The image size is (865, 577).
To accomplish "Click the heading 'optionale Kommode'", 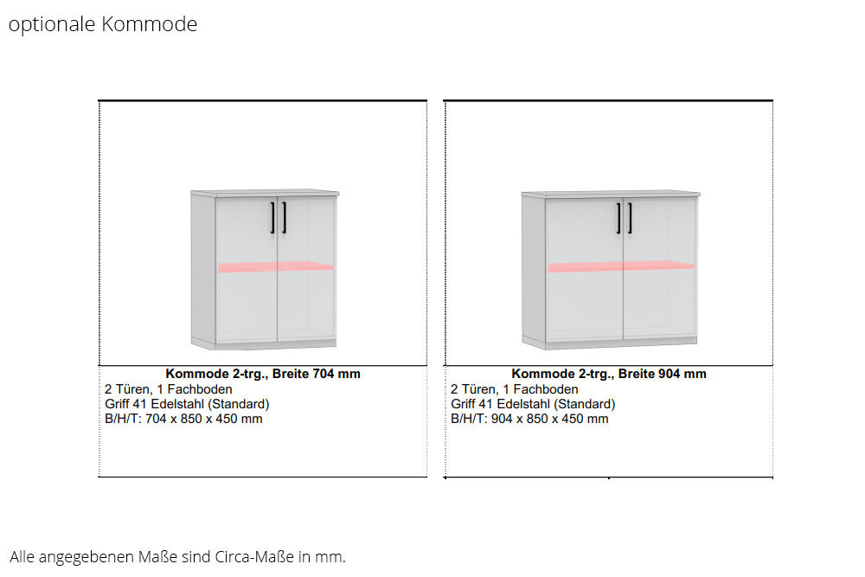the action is point(103,24).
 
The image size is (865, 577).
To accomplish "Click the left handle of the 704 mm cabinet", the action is point(272,217).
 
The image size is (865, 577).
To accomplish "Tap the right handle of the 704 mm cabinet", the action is point(284,217).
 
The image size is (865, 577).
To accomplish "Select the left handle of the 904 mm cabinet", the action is point(619,218).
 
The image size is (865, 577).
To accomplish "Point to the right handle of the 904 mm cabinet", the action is point(630,218).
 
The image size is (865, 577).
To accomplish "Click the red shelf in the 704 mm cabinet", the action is point(276,266).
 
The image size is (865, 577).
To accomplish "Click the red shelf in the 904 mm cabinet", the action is point(621,266).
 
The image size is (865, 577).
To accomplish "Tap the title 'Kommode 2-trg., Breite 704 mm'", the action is point(263,374).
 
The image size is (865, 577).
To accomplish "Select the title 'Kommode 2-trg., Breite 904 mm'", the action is point(608,374).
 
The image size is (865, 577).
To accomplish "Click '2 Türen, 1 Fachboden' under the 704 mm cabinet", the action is point(169,389).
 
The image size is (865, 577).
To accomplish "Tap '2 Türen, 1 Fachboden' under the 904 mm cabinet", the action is point(514,389).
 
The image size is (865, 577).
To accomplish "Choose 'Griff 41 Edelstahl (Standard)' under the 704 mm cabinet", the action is point(187,404).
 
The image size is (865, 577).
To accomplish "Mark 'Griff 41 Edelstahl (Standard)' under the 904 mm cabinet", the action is point(533,404).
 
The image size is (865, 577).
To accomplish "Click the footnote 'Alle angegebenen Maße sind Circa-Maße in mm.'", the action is point(177,556).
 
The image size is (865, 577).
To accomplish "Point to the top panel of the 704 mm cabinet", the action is point(265,194).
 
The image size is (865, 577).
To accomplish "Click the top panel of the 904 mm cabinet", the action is point(611,194).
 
